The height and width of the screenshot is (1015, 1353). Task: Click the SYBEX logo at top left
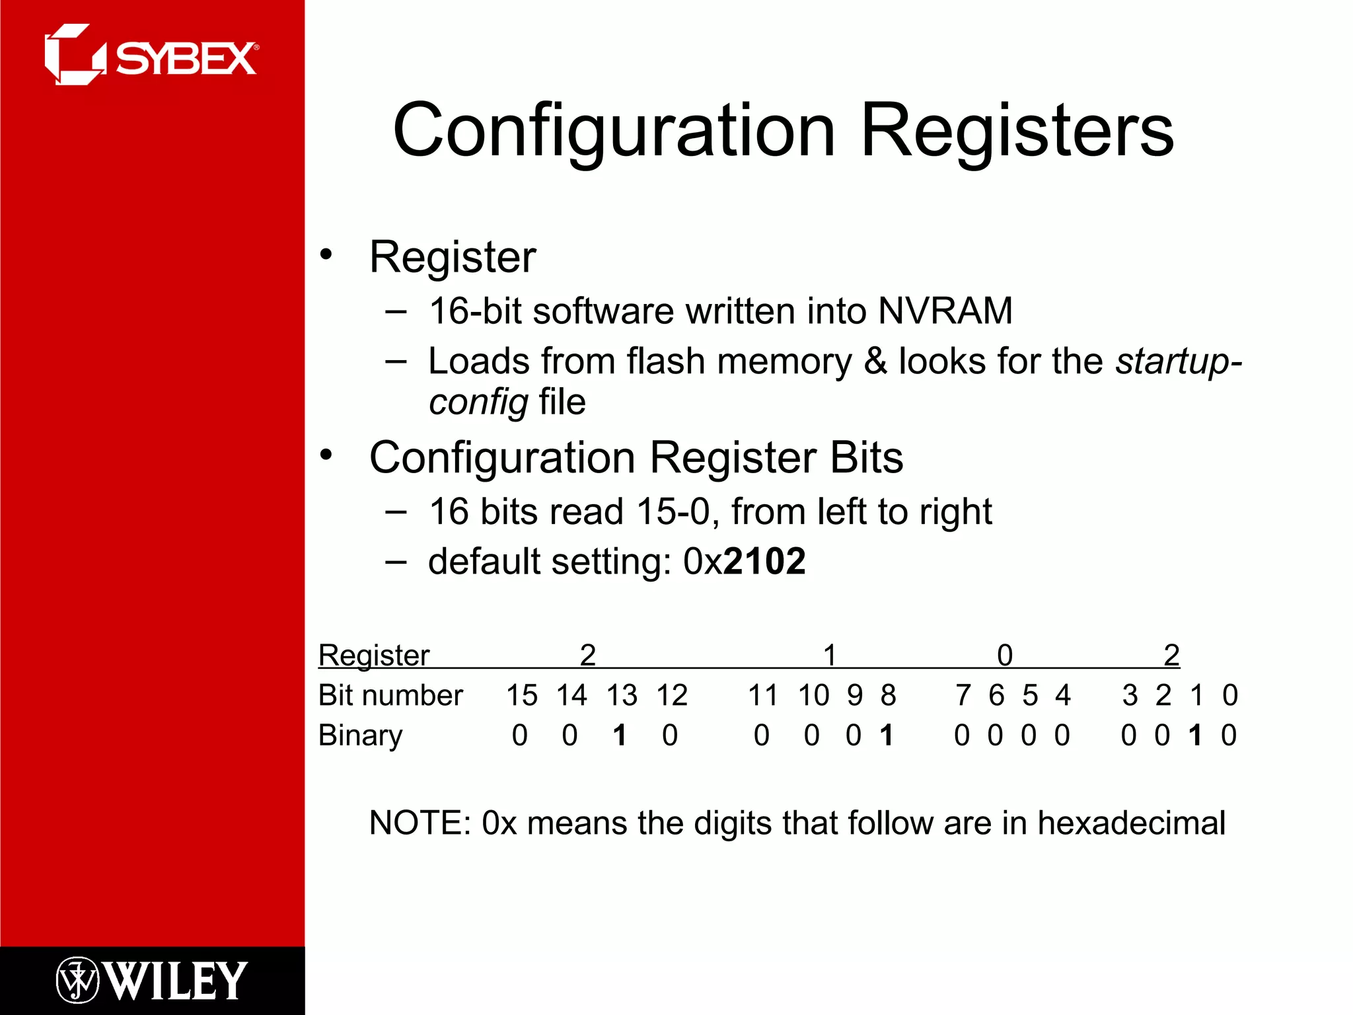(x=151, y=56)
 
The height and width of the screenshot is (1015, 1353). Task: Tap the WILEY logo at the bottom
(x=151, y=980)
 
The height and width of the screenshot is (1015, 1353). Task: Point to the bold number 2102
(x=764, y=562)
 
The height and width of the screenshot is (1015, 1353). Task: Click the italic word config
(x=478, y=402)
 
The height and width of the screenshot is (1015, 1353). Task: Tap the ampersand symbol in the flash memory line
(x=875, y=361)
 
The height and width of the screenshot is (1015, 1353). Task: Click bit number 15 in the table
(x=521, y=695)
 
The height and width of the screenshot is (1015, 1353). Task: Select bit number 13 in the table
(x=622, y=695)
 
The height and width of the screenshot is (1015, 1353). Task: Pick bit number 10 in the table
(x=813, y=695)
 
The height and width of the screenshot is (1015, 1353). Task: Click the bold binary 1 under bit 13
(x=619, y=735)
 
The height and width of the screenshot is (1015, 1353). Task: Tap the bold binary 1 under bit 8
(x=887, y=735)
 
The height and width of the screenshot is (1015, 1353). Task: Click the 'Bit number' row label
(x=390, y=695)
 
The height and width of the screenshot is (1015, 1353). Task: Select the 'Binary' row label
(x=360, y=735)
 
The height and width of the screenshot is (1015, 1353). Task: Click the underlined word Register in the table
(x=374, y=656)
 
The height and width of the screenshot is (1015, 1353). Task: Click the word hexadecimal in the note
(x=1131, y=823)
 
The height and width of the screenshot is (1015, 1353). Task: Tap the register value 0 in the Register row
(x=1004, y=656)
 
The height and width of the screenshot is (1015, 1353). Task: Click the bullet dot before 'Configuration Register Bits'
(x=326, y=455)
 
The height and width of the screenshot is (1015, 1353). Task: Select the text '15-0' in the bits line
(x=673, y=511)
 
